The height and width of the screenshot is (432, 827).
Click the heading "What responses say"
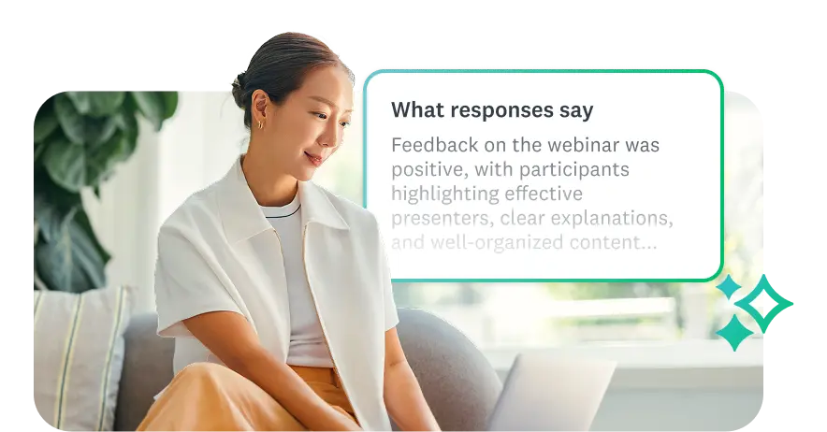[491, 110]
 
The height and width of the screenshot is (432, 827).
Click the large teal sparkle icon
[765, 303]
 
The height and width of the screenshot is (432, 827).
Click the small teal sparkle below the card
[734, 333]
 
